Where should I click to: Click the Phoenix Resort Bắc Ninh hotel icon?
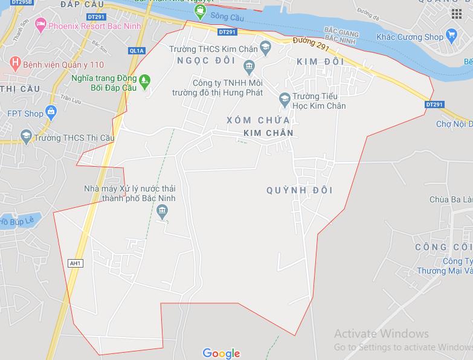pos(40,25)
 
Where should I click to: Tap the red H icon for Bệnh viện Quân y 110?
pos(15,63)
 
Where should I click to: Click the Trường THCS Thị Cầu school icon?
pos(25,137)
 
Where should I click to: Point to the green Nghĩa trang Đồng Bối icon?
pos(144,79)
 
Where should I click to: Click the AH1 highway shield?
pos(76,263)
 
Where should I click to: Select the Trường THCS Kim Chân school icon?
pos(265,47)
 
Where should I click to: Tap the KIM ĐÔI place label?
pos(320,62)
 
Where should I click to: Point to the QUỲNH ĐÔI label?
pos(300,190)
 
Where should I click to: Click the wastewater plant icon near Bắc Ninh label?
pos(161,211)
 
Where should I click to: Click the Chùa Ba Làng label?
pos(451,199)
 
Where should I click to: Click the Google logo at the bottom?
pos(221,353)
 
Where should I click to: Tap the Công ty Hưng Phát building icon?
pos(249,66)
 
